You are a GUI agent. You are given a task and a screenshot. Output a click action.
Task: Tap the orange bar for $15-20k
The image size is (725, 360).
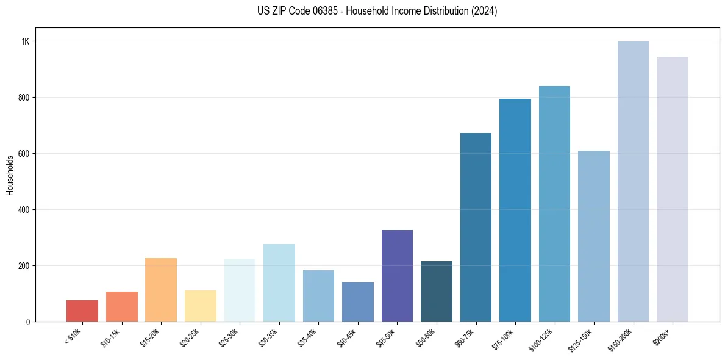[x=161, y=290]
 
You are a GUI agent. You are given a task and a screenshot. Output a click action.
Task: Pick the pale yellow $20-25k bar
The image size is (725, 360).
[x=200, y=306]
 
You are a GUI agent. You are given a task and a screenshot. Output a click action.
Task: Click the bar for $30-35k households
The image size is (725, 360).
[x=279, y=283]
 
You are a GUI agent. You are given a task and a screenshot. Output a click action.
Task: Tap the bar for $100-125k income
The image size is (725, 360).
[x=554, y=204]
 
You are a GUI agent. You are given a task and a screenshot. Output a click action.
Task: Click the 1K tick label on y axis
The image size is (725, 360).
[x=25, y=41]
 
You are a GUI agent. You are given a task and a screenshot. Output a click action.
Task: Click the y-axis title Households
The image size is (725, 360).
[x=10, y=175]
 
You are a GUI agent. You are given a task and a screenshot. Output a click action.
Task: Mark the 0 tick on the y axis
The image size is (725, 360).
[x=28, y=322]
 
